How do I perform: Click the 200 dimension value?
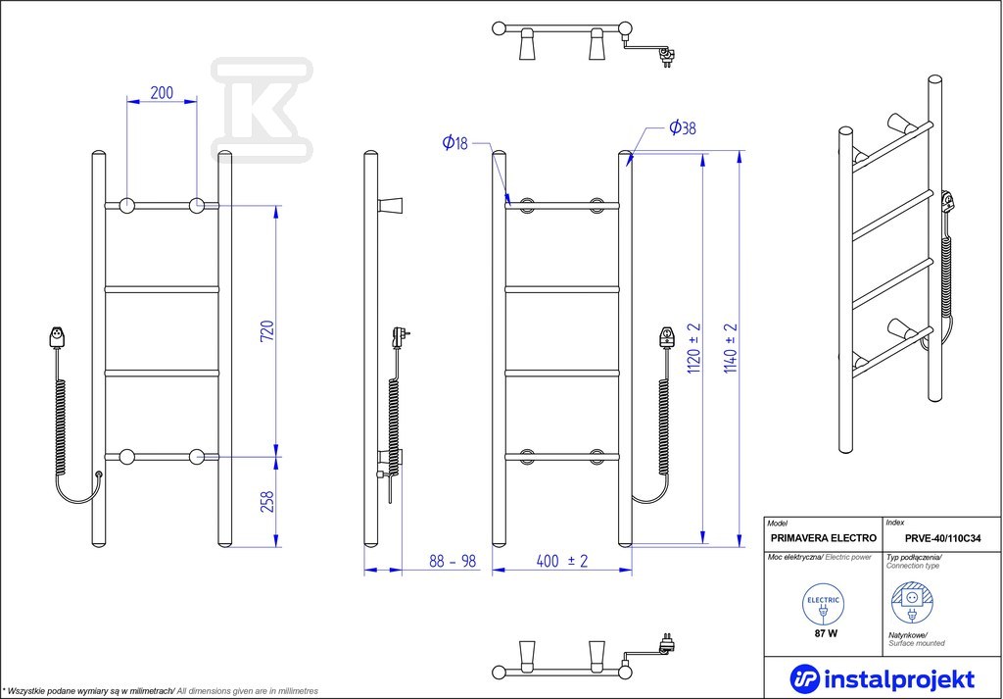coord(162,93)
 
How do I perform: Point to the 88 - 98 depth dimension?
coord(453,561)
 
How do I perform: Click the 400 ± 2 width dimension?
coord(561,561)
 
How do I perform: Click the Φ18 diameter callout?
coord(454,143)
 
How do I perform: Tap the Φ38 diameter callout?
coord(683,128)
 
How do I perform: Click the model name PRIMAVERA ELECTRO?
coord(824,538)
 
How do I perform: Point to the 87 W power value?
coord(824,633)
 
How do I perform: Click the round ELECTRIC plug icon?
coord(823,605)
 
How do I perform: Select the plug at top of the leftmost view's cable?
coord(57,337)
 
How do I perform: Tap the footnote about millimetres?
coord(161,691)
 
